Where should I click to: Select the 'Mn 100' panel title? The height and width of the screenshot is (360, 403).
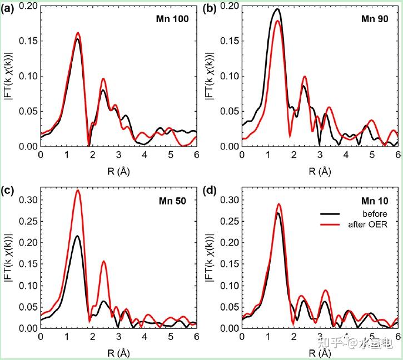pos(172,19)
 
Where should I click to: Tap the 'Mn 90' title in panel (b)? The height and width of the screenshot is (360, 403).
pos(375,19)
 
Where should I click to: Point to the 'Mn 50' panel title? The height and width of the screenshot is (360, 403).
pos(172,201)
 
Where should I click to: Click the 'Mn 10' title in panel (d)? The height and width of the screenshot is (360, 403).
pos(375,201)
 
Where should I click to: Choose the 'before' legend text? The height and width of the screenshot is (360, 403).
pos(375,214)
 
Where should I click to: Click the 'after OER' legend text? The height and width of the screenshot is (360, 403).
pos(368,224)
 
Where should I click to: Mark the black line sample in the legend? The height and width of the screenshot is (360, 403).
pos(330,214)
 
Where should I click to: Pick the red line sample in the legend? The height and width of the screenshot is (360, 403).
pos(330,224)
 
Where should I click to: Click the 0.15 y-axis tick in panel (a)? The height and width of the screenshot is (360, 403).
pos(28,41)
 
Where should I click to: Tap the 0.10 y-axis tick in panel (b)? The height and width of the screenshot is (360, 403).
pos(230,76)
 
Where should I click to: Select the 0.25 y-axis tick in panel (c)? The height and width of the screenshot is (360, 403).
pos(28,221)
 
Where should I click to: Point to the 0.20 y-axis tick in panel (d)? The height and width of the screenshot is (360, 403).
pos(230,243)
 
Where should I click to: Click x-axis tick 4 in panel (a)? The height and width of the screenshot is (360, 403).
pos(145,155)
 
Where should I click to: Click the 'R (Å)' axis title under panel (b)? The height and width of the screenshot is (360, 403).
pos(320,171)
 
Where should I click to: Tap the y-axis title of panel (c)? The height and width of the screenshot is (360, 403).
pos(9,258)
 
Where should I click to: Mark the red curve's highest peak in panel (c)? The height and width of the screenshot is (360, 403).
pos(78,190)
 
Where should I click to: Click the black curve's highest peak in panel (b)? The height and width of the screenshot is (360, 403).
pos(277,9)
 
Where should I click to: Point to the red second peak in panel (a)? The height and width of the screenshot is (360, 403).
pos(103,79)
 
